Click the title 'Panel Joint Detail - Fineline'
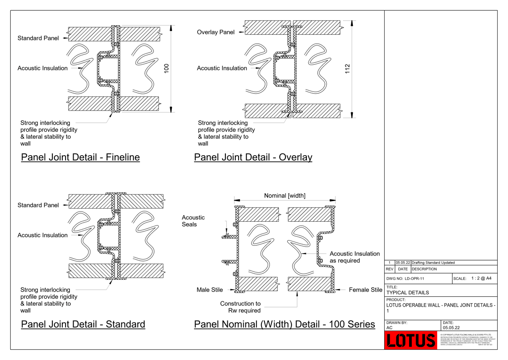tap(80, 157)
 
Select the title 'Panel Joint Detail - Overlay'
tap(253, 157)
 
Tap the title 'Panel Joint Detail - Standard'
tap(83, 324)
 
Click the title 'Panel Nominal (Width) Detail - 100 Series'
tap(284, 324)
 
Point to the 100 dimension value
tap(166, 68)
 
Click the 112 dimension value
tap(347, 68)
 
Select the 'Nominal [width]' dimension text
tap(284, 195)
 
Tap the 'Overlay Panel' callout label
tap(216, 32)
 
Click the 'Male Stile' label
tap(209, 290)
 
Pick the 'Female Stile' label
tap(366, 290)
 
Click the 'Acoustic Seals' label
tap(193, 221)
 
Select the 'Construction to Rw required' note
tap(240, 307)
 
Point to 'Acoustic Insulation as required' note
tap(354, 257)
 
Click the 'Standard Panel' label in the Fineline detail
tap(38, 38)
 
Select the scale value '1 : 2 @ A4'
tap(481, 278)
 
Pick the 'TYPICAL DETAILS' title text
tap(407, 292)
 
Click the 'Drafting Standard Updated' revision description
tap(433, 262)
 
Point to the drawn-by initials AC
tap(389, 328)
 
